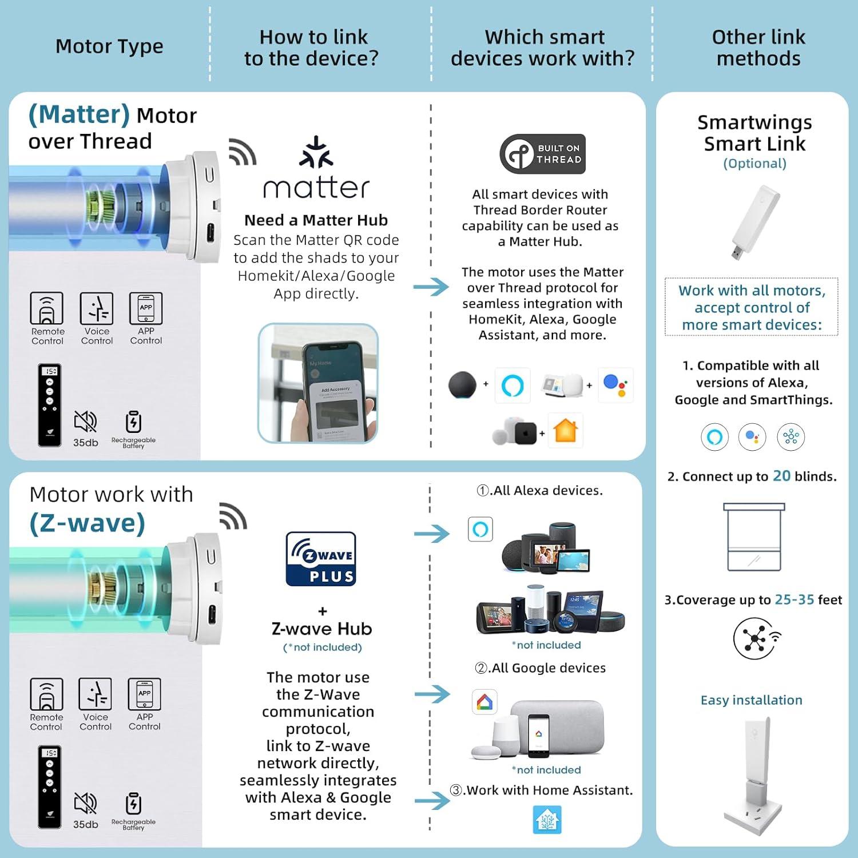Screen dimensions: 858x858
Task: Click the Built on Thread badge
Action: (542, 154)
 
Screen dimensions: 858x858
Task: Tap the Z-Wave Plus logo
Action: (321, 559)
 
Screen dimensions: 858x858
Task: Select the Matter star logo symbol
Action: (316, 152)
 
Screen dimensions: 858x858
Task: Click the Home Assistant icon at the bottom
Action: (547, 820)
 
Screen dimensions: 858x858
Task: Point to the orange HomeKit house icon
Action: (565, 430)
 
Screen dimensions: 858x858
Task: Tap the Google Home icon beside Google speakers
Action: (484, 702)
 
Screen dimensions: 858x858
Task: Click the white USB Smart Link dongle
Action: (754, 222)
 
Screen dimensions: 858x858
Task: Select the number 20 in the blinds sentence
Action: (781, 476)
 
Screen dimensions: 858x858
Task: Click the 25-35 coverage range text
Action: (794, 599)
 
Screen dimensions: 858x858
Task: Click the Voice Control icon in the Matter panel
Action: (96, 309)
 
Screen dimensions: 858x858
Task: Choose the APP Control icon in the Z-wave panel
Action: (144, 694)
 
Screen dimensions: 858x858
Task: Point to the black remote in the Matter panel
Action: (50, 404)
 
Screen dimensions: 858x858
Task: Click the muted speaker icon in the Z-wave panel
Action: (85, 804)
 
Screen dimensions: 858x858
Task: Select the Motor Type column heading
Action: (109, 46)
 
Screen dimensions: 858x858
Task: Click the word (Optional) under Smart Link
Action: (754, 164)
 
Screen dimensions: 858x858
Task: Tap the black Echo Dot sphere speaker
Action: (462, 384)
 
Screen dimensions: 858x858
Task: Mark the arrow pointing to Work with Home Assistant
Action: (432, 801)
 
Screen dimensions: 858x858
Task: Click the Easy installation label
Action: (751, 700)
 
